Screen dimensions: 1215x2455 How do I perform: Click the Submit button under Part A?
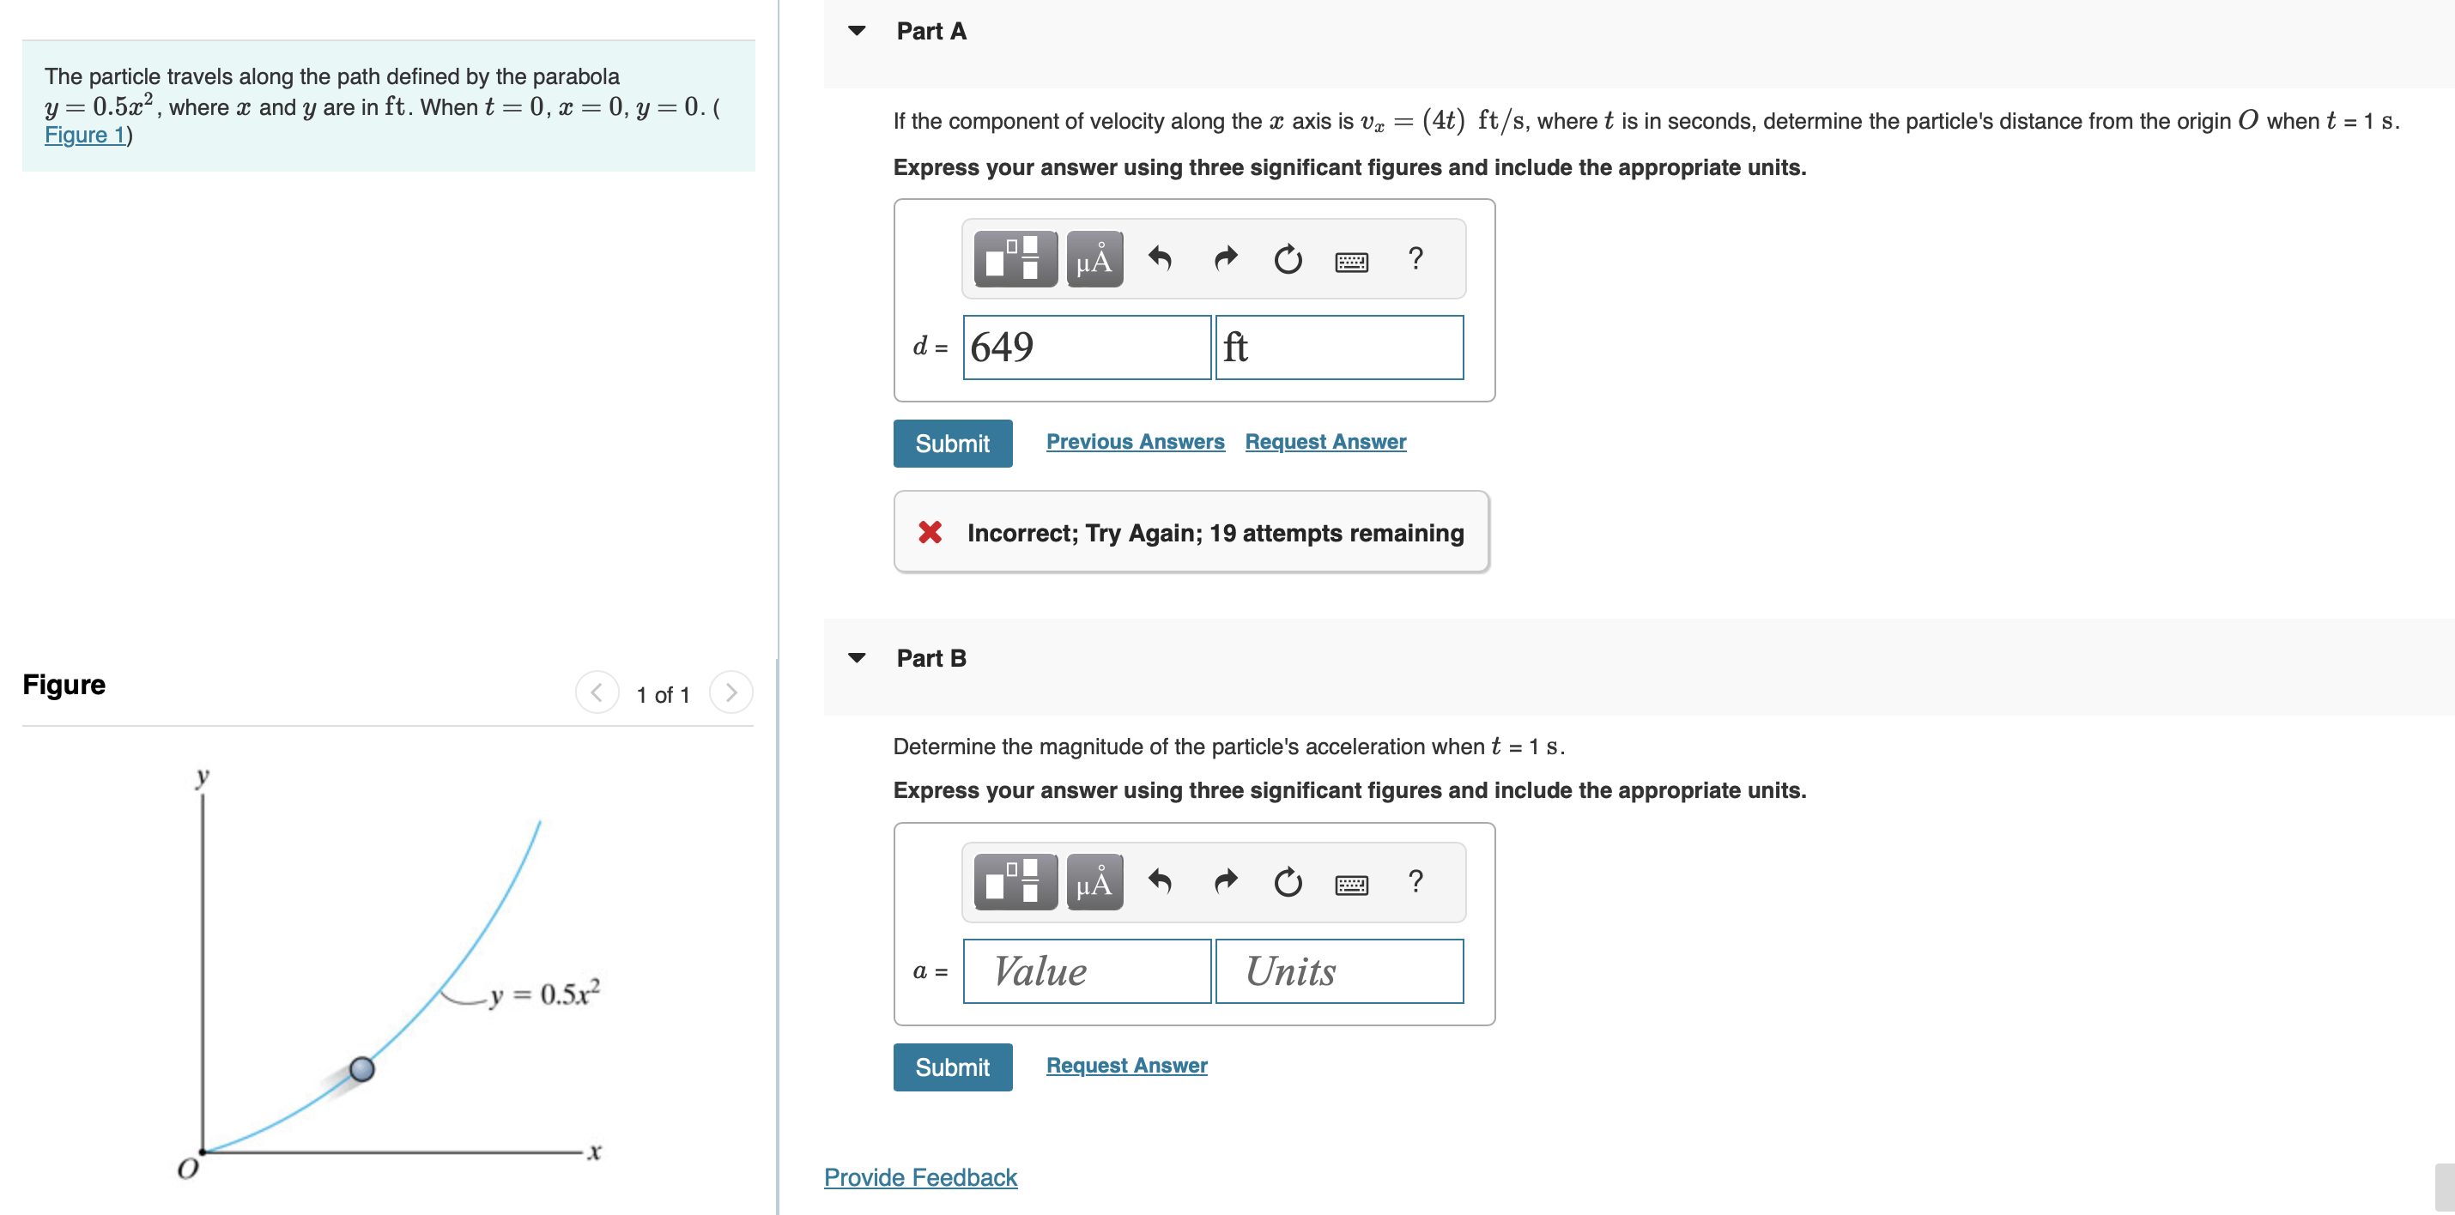click(952, 443)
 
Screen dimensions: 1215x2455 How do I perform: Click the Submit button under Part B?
click(952, 1067)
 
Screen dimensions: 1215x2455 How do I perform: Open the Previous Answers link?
click(1134, 441)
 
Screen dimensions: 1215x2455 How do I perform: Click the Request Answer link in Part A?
click(1324, 441)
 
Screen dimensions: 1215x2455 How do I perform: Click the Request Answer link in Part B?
click(1125, 1065)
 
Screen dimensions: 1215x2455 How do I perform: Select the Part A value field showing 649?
click(1087, 347)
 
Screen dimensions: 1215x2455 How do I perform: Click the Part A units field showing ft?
click(1339, 347)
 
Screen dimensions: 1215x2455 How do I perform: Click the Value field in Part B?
click(1087, 971)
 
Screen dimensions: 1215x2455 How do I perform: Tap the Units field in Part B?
click(1339, 971)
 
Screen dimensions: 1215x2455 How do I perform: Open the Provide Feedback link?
click(919, 1177)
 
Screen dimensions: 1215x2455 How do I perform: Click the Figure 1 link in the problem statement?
click(85, 136)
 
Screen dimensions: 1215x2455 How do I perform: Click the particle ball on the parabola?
click(362, 1069)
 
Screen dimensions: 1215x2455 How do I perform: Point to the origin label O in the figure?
click(188, 1169)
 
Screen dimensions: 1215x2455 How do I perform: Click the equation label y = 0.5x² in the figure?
click(544, 994)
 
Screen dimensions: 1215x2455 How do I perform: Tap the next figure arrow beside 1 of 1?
click(731, 692)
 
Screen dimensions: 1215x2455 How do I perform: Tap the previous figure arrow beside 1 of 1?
click(597, 692)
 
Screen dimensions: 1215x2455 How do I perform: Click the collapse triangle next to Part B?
click(857, 657)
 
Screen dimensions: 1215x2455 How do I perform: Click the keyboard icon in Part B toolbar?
click(1351, 885)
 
